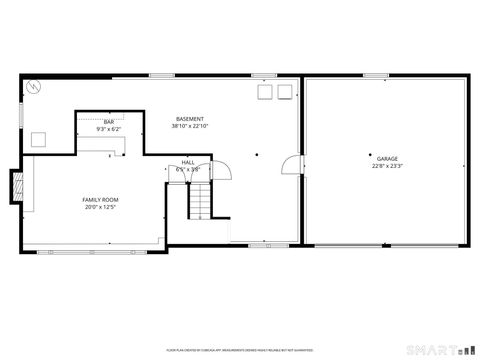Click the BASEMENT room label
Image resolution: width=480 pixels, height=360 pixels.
[189, 119]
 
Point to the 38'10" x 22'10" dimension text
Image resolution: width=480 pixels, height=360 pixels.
[189, 127]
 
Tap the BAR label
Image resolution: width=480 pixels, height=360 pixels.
[108, 122]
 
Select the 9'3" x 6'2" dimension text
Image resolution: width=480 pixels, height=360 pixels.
[108, 130]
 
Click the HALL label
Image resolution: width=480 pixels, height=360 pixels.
[188, 162]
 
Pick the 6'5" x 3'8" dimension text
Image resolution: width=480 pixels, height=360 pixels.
[188, 169]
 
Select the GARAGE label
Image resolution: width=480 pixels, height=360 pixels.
[387, 159]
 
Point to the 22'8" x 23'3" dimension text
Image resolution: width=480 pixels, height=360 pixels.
[387, 166]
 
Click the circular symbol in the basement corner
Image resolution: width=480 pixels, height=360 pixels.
[33, 88]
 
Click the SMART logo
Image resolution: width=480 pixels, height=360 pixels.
[440, 350]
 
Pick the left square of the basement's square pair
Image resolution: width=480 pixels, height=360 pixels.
[267, 92]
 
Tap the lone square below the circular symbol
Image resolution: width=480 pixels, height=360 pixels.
[39, 140]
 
